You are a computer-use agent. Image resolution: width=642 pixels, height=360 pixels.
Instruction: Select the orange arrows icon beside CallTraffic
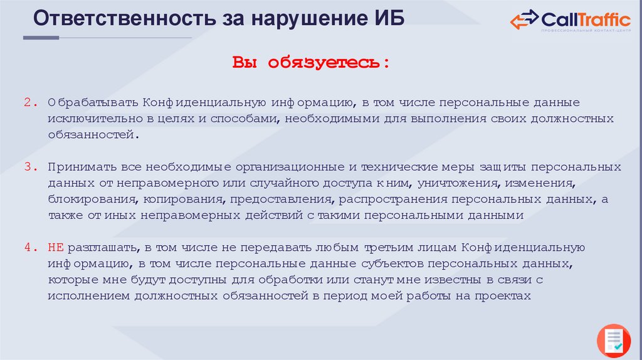point(524,20)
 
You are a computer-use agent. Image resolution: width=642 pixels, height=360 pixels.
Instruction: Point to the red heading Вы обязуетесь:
point(311,63)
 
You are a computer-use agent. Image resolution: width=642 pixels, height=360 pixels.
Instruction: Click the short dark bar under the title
point(41,38)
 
